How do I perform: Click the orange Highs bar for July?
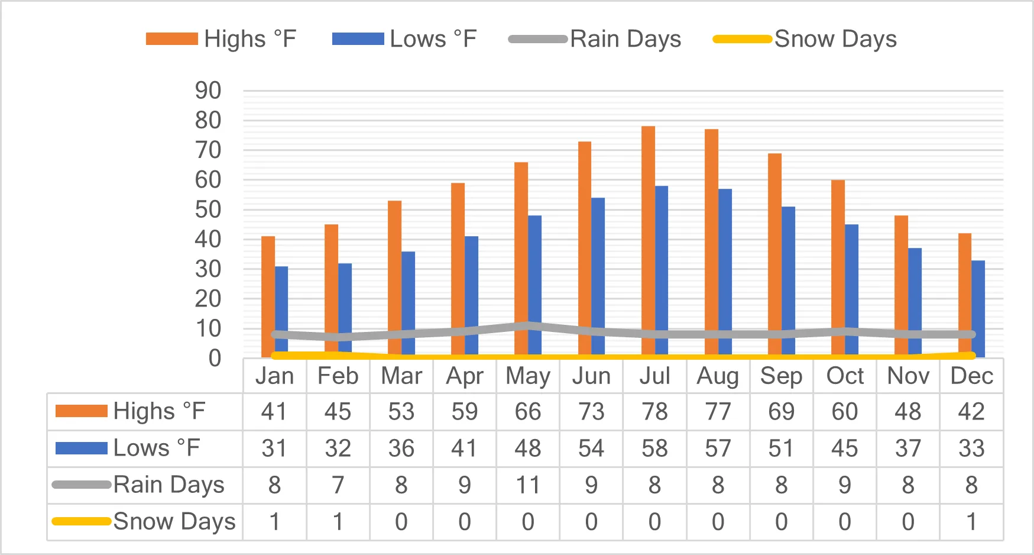(x=648, y=241)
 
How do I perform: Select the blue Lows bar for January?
(x=281, y=312)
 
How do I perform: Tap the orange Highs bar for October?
(x=838, y=269)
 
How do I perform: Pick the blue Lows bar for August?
(x=725, y=273)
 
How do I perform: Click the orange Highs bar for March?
(x=394, y=279)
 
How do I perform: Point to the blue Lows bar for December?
(x=978, y=309)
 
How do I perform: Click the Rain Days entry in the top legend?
(x=595, y=39)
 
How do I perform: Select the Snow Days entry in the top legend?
(x=805, y=39)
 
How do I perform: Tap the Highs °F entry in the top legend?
(x=221, y=39)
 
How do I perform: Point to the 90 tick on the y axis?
(x=208, y=91)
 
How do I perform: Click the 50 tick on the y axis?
(x=208, y=209)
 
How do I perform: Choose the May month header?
(x=528, y=376)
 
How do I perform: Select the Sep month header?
(x=781, y=376)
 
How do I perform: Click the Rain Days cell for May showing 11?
(x=528, y=485)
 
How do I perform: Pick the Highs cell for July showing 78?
(x=654, y=412)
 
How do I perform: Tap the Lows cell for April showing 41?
(x=465, y=448)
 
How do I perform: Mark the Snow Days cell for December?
(x=971, y=522)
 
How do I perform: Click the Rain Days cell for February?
(x=338, y=485)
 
